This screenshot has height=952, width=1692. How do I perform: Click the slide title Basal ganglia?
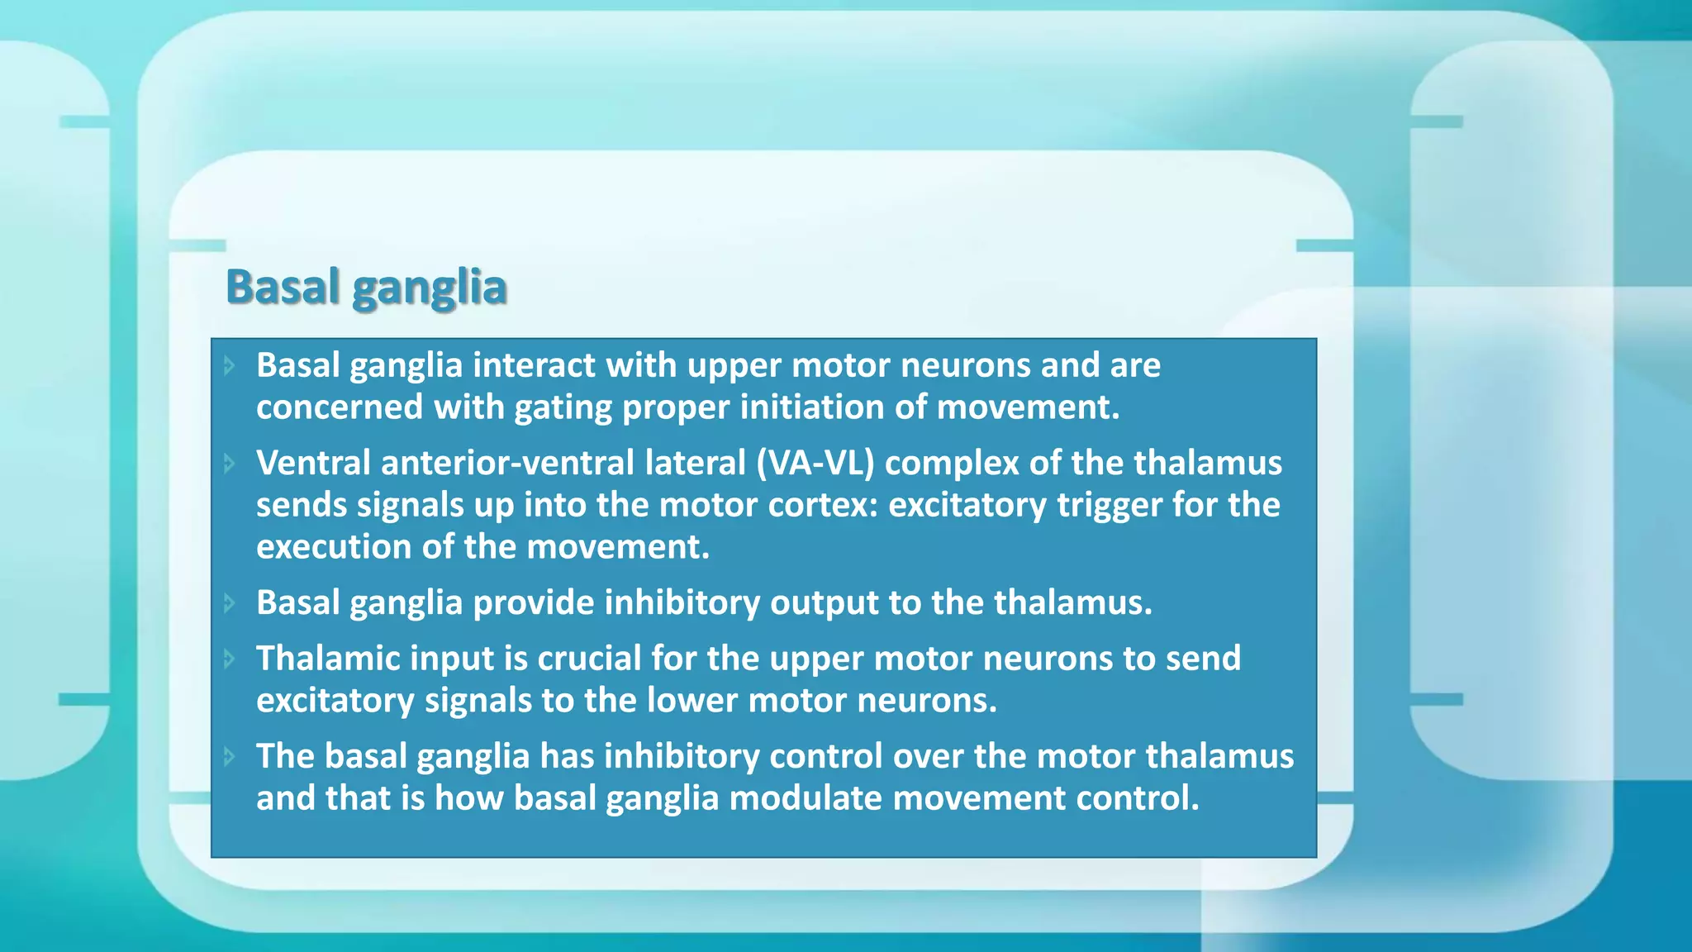(x=366, y=288)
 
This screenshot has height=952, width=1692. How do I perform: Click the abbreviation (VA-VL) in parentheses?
(x=815, y=463)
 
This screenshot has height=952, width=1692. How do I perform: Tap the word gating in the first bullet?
(x=562, y=407)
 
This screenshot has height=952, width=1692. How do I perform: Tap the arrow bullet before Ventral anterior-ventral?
(x=230, y=464)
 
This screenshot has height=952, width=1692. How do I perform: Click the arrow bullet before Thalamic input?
(x=230, y=659)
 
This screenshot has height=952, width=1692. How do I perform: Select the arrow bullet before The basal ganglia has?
(x=230, y=756)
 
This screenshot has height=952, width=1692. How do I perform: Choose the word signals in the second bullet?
(x=410, y=505)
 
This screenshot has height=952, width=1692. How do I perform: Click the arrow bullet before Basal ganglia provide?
(x=230, y=603)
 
